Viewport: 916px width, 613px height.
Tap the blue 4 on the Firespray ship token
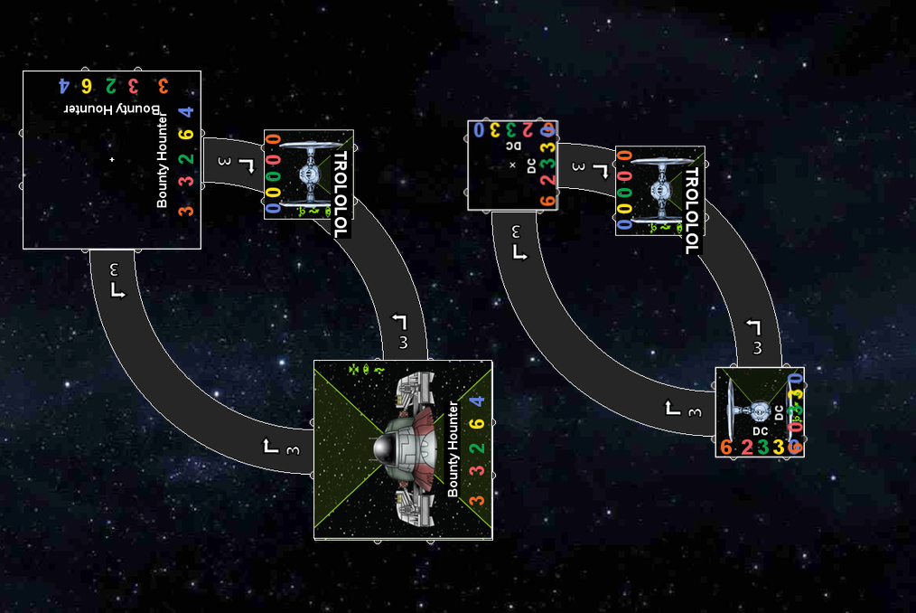click(477, 401)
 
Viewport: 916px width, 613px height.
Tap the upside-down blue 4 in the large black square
click(64, 86)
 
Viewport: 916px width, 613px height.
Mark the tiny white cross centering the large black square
click(112, 159)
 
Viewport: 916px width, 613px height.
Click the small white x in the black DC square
click(512, 165)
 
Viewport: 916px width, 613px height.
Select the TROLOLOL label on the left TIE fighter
click(340, 193)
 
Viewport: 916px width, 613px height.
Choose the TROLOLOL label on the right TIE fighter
click(691, 211)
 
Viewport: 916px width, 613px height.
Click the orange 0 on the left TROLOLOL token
click(273, 141)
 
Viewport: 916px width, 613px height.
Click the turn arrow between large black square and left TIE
click(226, 161)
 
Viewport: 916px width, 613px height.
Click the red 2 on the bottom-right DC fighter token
click(746, 448)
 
